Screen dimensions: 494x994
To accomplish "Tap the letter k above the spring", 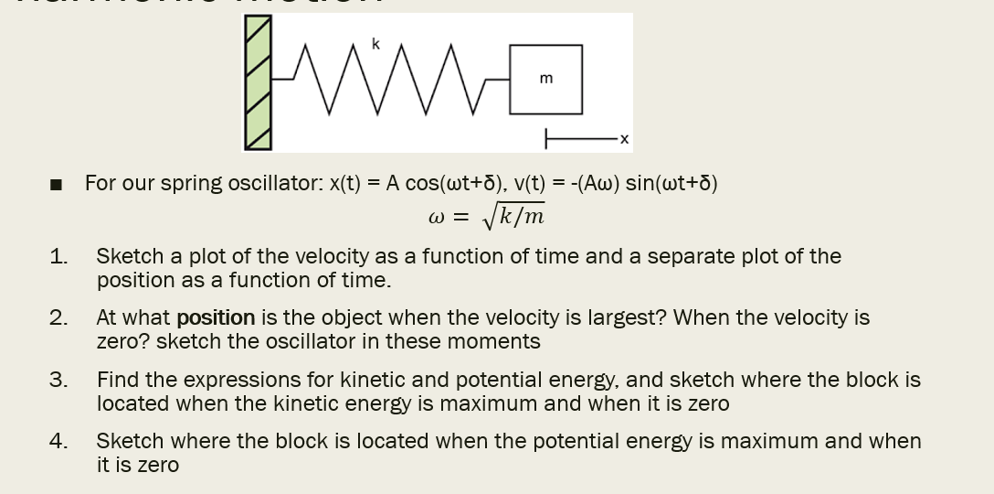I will [375, 43].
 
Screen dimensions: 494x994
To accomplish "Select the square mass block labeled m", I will [545, 80].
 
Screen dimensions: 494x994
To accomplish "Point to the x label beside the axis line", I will [624, 140].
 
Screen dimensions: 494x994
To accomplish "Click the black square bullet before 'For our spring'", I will [57, 185].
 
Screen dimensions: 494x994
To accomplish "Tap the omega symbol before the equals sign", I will [436, 219].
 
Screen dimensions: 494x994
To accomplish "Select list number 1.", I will [58, 256].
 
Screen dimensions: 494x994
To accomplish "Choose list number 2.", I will [58, 317].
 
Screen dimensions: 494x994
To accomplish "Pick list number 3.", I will [58, 379].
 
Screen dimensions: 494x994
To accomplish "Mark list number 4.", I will [58, 440].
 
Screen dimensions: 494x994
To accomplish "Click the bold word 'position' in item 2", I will [216, 317].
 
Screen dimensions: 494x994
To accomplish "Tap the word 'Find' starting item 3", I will [117, 379].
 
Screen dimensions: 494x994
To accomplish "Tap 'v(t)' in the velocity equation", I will [531, 183].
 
